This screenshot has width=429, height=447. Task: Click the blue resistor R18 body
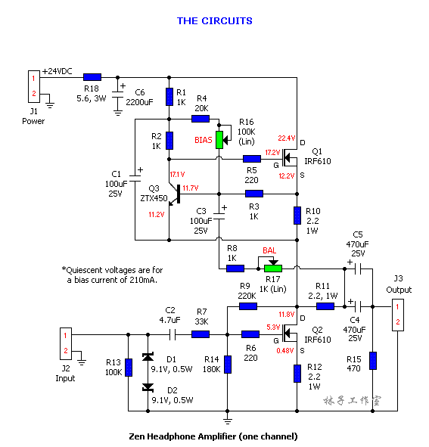point(92,77)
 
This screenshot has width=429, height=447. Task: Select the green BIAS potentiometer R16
point(219,140)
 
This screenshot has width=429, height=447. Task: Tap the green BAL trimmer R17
point(273,269)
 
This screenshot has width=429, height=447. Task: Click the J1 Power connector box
point(33,86)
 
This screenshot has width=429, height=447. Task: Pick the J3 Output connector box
point(398,315)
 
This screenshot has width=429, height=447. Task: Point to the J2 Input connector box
point(66,343)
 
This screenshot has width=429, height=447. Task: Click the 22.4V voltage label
point(287,138)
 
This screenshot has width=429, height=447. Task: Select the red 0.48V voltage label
point(284,351)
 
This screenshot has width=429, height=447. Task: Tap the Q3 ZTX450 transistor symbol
point(174,194)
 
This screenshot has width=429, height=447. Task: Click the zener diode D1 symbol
point(148,357)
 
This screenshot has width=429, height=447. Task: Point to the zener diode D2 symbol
point(148,388)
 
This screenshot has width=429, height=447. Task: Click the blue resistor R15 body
point(373,361)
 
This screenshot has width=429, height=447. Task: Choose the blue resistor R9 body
point(248,306)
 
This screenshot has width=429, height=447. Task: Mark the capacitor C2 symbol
point(173,334)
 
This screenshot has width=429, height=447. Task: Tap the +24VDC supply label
point(57,71)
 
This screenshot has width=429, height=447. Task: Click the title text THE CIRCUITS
point(215,21)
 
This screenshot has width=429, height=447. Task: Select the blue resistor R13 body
point(129,368)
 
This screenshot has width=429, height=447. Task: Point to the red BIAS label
point(204,140)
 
